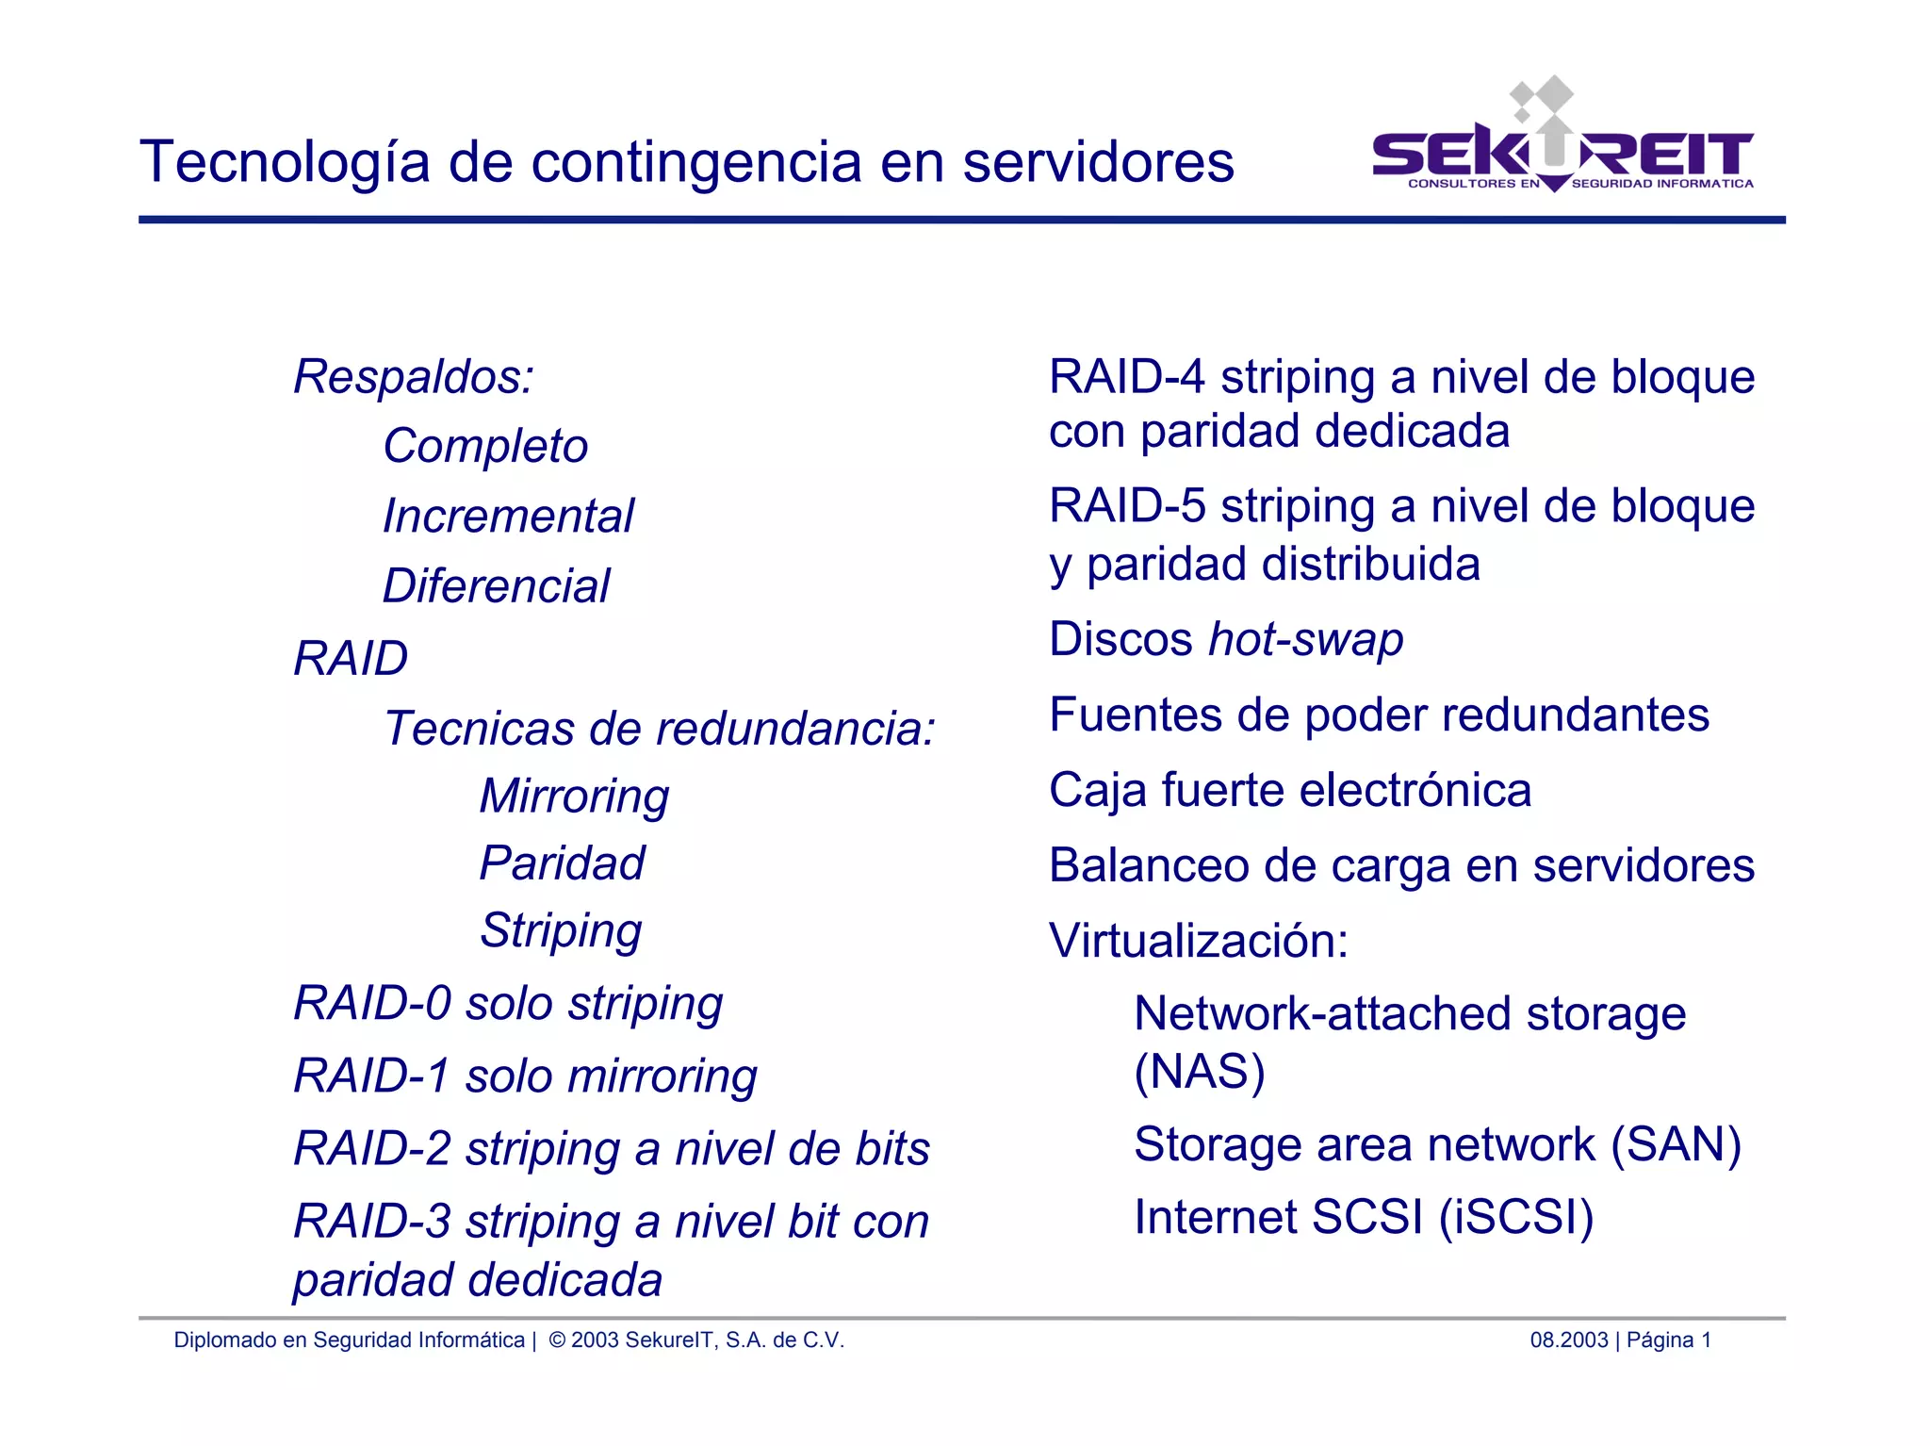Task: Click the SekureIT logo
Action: pos(1562,151)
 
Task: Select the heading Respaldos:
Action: pos(414,377)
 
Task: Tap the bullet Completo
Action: pos(485,446)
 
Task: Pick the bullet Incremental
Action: pos(508,517)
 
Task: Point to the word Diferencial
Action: pos(496,586)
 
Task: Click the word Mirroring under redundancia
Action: pos(574,796)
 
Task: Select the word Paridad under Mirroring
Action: pos(562,863)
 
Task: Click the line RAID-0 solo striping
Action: pos(508,1003)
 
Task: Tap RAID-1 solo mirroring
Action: pos(525,1076)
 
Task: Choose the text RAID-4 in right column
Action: pos(1126,377)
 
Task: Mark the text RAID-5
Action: pos(1126,506)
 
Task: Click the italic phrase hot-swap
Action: pos(1305,640)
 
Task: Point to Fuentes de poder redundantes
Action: pos(1379,715)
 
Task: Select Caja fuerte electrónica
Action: pos(1290,790)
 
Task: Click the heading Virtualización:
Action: pos(1199,941)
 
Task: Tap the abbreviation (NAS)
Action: pos(1199,1072)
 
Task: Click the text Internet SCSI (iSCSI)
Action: pos(1364,1217)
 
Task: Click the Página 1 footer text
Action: pos(1668,1339)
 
